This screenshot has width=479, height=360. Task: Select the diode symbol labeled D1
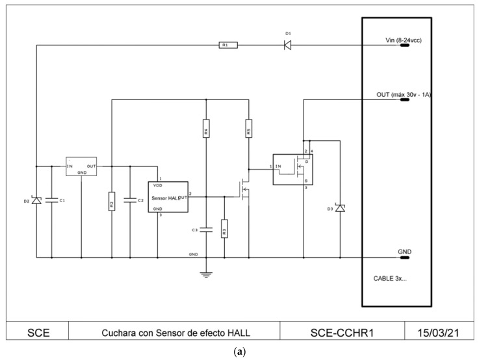(x=286, y=45)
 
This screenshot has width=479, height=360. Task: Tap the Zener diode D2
(x=36, y=201)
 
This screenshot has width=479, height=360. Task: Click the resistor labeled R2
(x=112, y=202)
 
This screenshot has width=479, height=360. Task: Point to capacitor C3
(x=206, y=229)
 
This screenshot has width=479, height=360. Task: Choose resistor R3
(x=224, y=229)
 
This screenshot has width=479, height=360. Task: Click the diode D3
(x=339, y=209)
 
